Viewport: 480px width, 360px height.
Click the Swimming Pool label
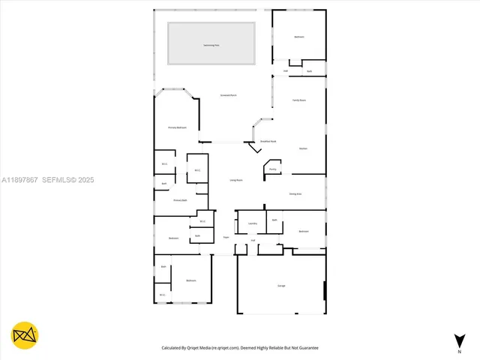click(x=211, y=45)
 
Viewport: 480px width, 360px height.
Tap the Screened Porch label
click(x=229, y=95)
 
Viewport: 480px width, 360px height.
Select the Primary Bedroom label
click(x=177, y=127)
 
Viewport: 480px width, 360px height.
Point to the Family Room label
click(x=298, y=100)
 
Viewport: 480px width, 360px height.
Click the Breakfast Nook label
click(x=268, y=141)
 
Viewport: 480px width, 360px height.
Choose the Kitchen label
click(x=303, y=148)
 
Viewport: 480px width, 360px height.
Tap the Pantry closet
click(x=273, y=169)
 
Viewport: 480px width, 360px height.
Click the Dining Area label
click(x=295, y=193)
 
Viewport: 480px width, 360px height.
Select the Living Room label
click(x=235, y=180)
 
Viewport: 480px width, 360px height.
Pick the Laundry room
click(x=253, y=223)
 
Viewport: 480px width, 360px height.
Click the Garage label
click(x=281, y=286)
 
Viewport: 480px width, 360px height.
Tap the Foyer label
click(x=225, y=238)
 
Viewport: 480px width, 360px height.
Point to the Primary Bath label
click(x=180, y=200)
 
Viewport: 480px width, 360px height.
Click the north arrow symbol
click(x=459, y=342)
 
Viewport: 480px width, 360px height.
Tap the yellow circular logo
click(x=25, y=334)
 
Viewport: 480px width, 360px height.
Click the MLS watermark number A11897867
click(x=19, y=180)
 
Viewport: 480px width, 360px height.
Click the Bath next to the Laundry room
click(x=274, y=220)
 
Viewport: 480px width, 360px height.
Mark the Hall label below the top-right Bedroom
click(x=286, y=71)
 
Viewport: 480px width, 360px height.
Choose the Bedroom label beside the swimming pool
click(x=298, y=37)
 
